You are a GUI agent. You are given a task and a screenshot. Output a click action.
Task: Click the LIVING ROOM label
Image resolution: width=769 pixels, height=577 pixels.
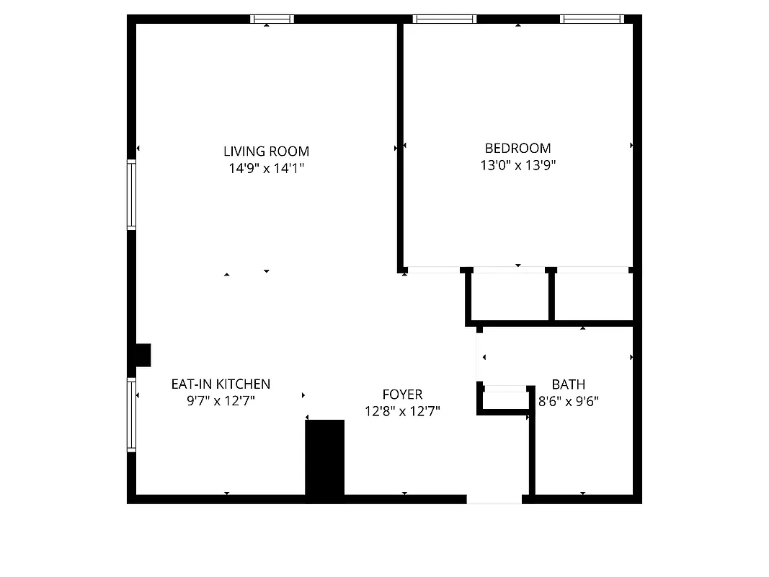pos(266,151)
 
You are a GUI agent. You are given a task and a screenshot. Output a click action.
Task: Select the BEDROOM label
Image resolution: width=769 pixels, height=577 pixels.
pos(517,149)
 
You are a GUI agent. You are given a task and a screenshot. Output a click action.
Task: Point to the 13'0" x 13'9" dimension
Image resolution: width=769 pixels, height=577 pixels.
pos(517,165)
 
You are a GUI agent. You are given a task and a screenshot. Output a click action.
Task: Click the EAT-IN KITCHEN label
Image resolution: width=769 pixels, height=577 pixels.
pos(221,384)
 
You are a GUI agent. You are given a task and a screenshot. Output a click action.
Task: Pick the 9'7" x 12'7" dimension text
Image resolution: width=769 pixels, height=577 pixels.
pos(221,400)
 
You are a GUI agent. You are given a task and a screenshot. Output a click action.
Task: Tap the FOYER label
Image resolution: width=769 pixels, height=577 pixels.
pos(402,395)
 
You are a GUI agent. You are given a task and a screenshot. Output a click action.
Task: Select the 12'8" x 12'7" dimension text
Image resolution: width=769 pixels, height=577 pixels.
pos(402,411)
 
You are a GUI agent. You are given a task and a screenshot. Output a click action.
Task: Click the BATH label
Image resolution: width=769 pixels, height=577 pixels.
pos(569,384)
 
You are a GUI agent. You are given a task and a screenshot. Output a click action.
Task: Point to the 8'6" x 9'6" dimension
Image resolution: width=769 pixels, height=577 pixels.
pos(569,400)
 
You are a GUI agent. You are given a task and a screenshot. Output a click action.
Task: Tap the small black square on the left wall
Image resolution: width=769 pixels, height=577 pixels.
pos(142,356)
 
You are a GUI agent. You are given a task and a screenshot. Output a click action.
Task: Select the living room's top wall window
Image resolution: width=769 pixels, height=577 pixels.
pos(272,19)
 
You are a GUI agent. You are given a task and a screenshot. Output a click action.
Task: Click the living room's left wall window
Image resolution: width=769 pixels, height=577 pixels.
pos(132,195)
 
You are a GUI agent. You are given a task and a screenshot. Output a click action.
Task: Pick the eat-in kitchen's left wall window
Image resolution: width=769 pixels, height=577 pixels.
pos(132,415)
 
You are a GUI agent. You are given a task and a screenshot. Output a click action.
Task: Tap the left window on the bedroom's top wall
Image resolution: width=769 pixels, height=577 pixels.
pos(445,19)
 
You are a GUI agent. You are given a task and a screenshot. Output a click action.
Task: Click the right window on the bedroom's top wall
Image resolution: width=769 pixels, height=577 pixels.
pos(592,19)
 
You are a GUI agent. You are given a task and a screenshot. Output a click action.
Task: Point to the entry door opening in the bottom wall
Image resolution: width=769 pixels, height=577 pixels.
pos(494,498)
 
